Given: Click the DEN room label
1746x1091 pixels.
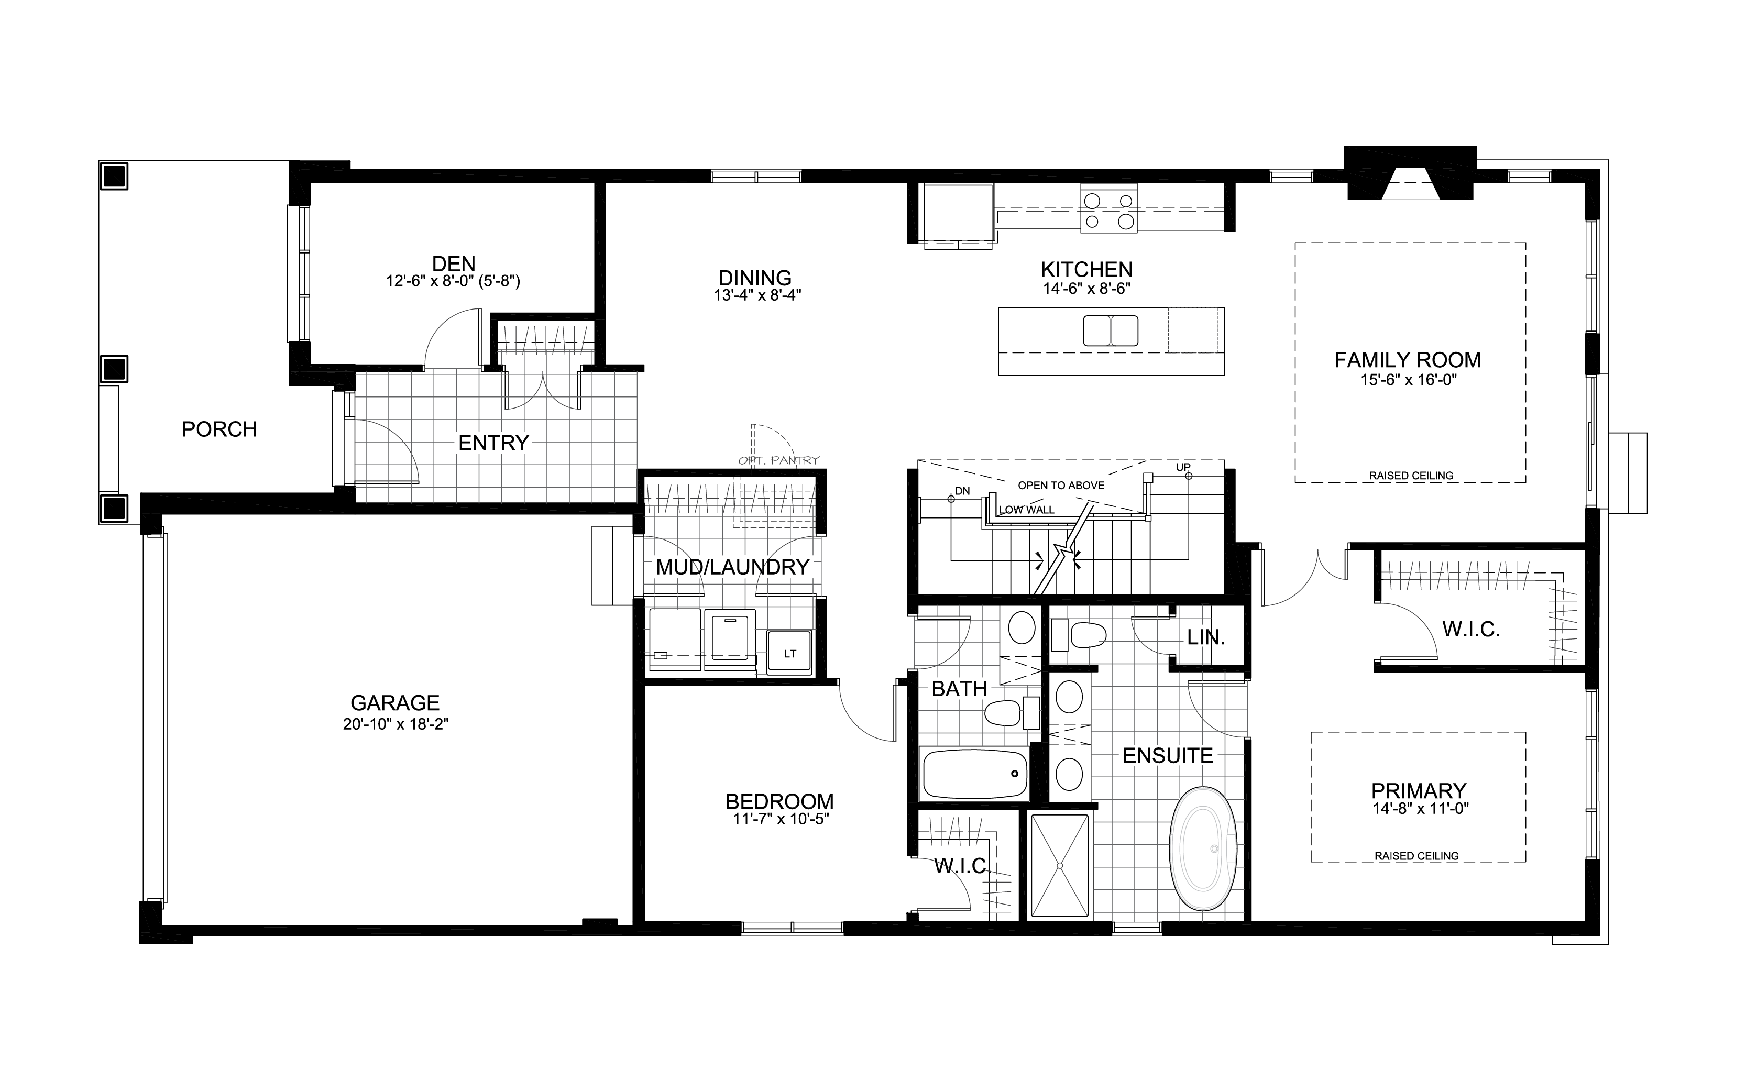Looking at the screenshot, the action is (454, 263).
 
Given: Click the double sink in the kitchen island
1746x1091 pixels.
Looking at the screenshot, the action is (1111, 331).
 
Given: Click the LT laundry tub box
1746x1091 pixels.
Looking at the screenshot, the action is (789, 653).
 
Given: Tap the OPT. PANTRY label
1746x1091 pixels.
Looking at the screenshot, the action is (779, 460).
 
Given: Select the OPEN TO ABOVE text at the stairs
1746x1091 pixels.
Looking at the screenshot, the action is (1061, 486).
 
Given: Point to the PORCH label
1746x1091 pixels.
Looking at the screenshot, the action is (219, 429).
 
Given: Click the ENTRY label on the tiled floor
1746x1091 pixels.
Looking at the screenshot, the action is (493, 443).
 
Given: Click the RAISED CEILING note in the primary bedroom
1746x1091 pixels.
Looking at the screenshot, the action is (1417, 856).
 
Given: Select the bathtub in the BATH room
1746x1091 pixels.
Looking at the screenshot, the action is (975, 774).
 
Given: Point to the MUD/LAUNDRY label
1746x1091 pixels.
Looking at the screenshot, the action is (732, 567).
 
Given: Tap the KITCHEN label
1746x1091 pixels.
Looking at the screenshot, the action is (1086, 270).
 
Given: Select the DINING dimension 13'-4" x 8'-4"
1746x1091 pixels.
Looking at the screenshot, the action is (757, 295).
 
